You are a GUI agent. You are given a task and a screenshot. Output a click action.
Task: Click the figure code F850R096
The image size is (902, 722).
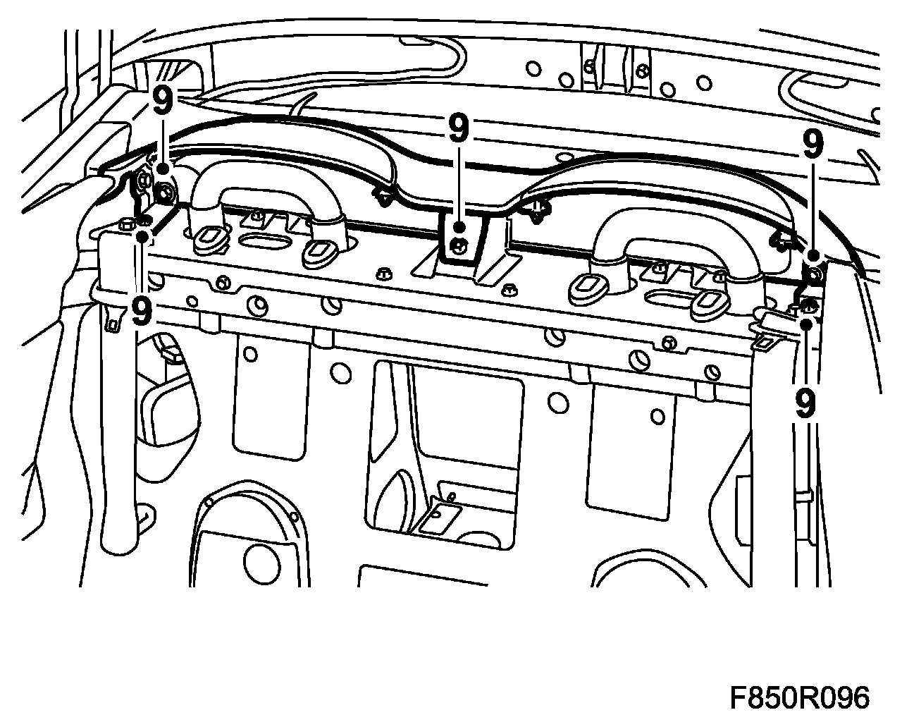(x=799, y=699)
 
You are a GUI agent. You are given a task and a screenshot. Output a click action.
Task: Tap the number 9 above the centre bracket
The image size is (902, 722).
(x=458, y=129)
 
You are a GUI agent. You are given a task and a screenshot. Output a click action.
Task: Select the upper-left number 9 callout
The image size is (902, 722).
(x=162, y=102)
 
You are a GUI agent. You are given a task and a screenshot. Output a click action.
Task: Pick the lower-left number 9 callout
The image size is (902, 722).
(x=142, y=311)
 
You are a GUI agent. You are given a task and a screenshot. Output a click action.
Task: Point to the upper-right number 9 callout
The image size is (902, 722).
(x=813, y=146)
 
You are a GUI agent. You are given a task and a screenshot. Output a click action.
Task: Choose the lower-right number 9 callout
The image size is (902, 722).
(x=804, y=403)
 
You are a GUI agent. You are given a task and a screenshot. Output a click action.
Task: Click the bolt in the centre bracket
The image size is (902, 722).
(x=459, y=245)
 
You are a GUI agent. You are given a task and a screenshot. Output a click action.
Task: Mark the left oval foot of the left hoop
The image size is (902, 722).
(x=209, y=239)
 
